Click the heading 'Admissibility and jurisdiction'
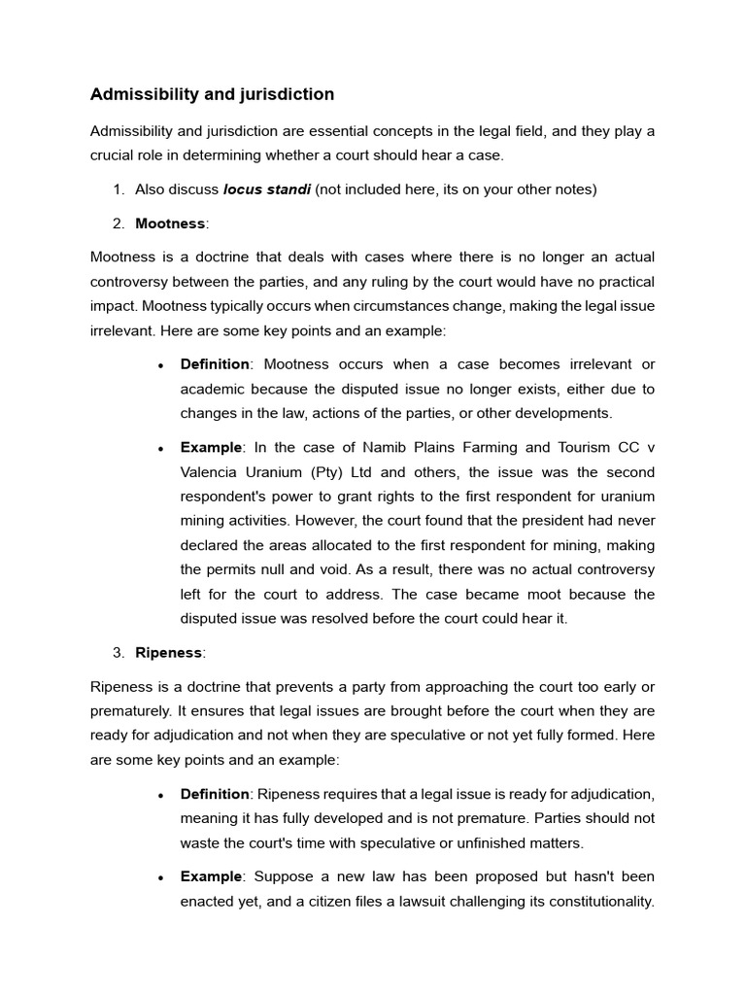pyautogui.click(x=212, y=94)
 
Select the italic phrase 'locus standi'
pyautogui.click(x=266, y=189)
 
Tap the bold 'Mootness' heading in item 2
pyautogui.click(x=170, y=223)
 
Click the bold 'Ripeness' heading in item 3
pyautogui.click(x=168, y=653)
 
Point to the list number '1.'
pyautogui.click(x=119, y=189)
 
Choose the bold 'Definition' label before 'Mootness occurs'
pyautogui.click(x=215, y=364)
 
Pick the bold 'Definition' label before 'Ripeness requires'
pyautogui.click(x=215, y=794)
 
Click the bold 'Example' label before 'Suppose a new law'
pyautogui.click(x=211, y=876)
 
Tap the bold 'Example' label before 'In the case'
pyautogui.click(x=211, y=448)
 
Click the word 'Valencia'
pyautogui.click(x=211, y=472)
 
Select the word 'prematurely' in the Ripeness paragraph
pyautogui.click(x=129, y=711)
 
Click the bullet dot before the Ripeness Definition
pyautogui.click(x=160, y=795)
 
